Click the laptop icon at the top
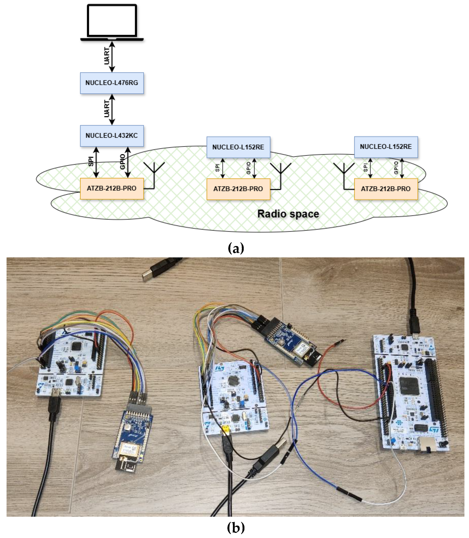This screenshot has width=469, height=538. point(112,22)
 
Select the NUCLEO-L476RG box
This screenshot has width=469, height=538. point(112,83)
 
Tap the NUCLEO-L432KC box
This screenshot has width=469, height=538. point(112,135)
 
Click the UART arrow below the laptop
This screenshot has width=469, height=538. point(112,57)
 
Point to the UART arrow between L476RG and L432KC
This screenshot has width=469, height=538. point(112,109)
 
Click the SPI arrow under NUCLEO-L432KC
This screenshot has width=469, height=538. point(96,162)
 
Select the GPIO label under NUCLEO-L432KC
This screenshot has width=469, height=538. point(122,162)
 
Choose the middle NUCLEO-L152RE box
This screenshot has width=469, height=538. point(238,147)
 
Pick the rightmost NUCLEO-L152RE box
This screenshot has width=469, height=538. point(386,147)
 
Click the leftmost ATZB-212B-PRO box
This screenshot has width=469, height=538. point(112,188)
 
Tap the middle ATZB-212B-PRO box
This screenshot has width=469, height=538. point(238,189)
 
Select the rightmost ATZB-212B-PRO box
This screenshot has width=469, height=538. point(386,189)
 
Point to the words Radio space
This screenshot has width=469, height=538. point(288,214)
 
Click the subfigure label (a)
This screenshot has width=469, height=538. point(236,248)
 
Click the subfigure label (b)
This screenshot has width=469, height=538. point(236,528)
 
